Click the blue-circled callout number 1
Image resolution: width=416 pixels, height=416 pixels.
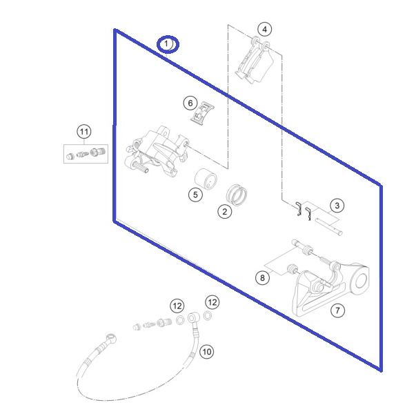pos(168,44)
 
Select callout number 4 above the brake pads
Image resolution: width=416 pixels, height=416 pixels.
pos(264,29)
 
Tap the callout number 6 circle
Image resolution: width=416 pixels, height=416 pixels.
pos(190,103)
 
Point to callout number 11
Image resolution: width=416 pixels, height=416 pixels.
pos(84,132)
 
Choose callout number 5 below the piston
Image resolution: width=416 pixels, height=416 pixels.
pos(195,195)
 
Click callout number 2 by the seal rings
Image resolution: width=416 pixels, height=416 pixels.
pos(225,212)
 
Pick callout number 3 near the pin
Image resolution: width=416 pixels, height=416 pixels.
pos(337,206)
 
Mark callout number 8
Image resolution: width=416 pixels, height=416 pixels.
pos(262,278)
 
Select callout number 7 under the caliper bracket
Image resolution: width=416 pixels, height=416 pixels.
pos(338,310)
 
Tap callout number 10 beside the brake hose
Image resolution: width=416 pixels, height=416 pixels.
pos(207,352)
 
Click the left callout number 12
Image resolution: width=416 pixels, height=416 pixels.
pos(177,306)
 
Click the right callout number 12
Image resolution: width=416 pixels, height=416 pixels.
pos(212,302)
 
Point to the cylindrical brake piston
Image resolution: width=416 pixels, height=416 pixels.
pos(206,179)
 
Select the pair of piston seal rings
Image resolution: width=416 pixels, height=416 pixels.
pos(237,195)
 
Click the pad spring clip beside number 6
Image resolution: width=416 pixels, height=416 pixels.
pos(203,113)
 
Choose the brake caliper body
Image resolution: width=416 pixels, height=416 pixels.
pos(157,151)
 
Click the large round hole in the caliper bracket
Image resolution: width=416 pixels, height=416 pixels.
pos(361,281)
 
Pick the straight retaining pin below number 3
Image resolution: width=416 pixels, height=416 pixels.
pos(329,226)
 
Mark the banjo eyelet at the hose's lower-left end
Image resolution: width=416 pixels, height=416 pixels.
pos(111,338)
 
